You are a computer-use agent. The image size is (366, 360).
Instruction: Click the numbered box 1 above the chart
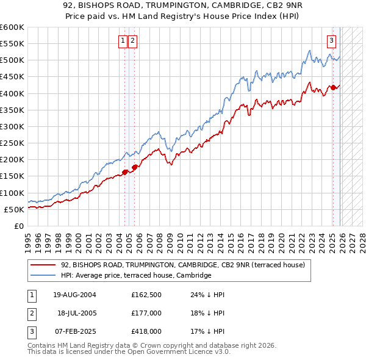(x=123, y=41)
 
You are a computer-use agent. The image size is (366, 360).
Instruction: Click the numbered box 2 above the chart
(x=132, y=41)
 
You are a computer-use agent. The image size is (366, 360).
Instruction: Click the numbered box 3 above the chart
(x=331, y=41)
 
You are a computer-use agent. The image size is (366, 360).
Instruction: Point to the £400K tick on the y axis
(x=12, y=93)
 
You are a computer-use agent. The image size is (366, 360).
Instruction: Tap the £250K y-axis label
(x=12, y=143)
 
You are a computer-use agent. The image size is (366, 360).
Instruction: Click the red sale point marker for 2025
(x=333, y=88)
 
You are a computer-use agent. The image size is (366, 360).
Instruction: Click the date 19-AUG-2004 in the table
(x=74, y=294)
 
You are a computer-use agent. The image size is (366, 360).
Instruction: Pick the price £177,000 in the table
(x=146, y=312)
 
